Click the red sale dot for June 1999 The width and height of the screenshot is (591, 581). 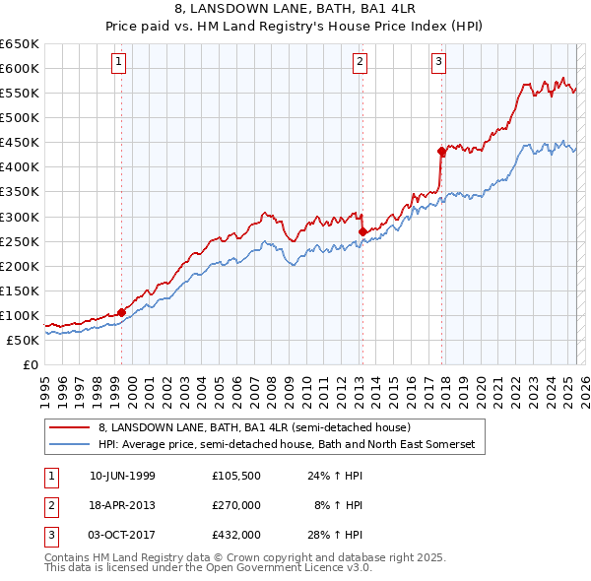coord(121,312)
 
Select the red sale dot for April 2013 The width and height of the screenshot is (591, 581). coord(362,231)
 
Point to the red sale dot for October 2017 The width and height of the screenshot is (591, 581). coord(441,151)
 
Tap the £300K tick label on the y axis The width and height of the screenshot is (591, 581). coord(20,217)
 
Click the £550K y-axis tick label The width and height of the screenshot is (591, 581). coord(20,93)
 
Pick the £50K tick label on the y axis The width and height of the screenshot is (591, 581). coord(24,340)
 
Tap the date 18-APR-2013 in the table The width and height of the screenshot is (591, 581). coord(122,506)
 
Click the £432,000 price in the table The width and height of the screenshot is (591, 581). coord(235,535)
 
